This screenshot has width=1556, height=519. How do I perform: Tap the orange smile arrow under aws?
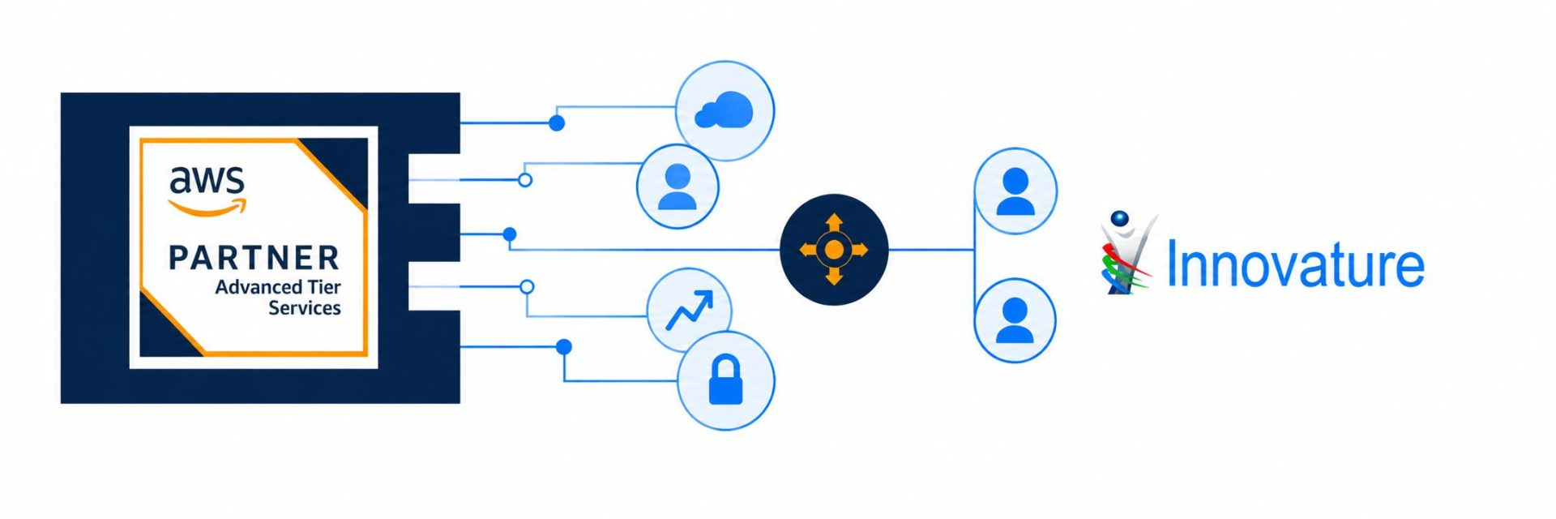pyautogui.click(x=208, y=208)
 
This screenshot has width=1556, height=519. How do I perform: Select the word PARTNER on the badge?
pyautogui.click(x=254, y=258)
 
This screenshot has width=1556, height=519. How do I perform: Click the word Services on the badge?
pyautogui.click(x=305, y=308)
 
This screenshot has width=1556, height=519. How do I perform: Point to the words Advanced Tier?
pyautogui.click(x=278, y=287)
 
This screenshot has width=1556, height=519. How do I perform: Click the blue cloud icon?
pyautogui.click(x=725, y=110)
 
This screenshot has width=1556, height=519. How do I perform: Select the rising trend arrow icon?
pyautogui.click(x=690, y=311)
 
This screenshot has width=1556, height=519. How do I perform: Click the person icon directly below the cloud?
pyautogui.click(x=678, y=187)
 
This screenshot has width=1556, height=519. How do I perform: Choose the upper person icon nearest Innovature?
pyautogui.click(x=1015, y=191)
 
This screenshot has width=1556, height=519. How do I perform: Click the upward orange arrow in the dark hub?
pyautogui.click(x=834, y=223)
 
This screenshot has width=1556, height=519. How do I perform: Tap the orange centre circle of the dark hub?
pyautogui.click(x=834, y=250)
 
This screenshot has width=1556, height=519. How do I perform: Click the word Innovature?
pyautogui.click(x=1295, y=264)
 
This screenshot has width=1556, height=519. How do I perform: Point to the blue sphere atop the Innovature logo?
pyautogui.click(x=1120, y=218)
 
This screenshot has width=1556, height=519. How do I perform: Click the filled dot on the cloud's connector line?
pyautogui.click(x=557, y=123)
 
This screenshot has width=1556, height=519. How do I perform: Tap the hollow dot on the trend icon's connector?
pyautogui.click(x=527, y=286)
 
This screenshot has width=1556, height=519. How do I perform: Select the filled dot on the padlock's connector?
pyautogui.click(x=564, y=347)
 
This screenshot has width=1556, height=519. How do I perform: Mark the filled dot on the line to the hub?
pyautogui.click(x=510, y=234)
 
